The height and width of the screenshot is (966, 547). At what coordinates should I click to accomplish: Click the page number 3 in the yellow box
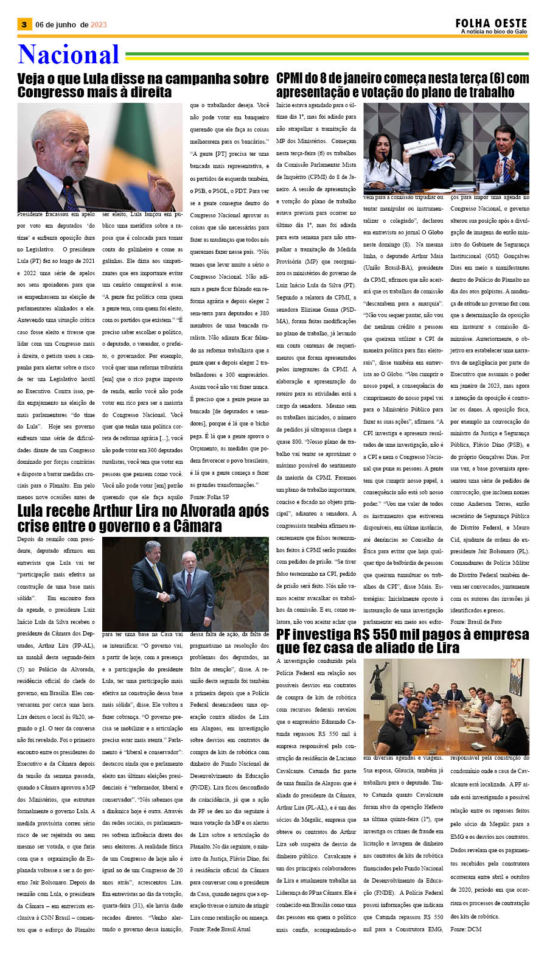coord(24,24)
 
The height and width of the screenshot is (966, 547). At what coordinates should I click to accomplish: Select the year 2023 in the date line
coord(99,25)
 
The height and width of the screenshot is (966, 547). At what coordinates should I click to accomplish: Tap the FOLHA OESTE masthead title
coord(491,23)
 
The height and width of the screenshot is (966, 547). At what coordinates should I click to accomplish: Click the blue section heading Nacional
coord(68,55)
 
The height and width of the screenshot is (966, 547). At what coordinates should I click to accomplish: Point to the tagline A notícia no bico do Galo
coord(493,32)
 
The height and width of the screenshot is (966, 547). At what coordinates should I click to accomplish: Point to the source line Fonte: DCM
coord(465,929)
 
